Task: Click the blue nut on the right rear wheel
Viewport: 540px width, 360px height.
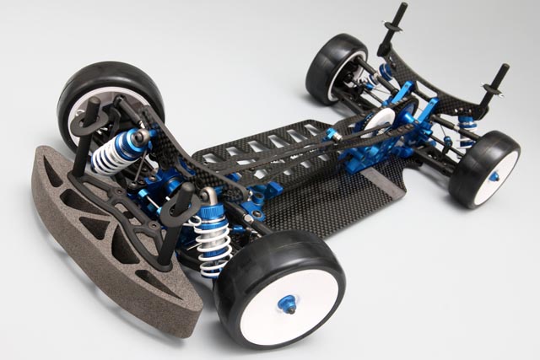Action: tap(494, 176)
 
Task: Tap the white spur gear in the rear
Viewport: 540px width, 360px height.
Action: tap(382, 122)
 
